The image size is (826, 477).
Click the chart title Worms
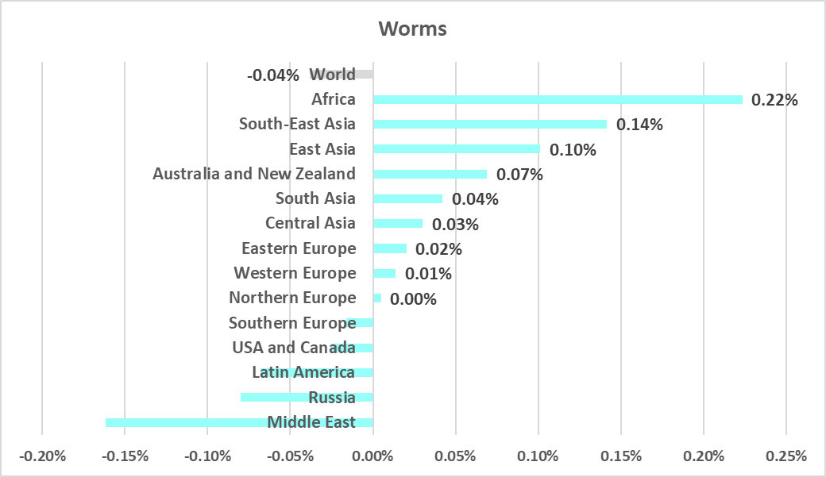click(412, 29)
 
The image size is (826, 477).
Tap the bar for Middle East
click(238, 422)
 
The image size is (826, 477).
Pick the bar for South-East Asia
click(489, 125)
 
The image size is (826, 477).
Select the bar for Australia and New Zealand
click(430, 174)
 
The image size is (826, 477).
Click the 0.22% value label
click(774, 100)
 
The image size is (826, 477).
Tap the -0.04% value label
click(273, 76)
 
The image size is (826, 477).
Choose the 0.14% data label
click(639, 125)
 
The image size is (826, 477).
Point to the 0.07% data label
click(519, 174)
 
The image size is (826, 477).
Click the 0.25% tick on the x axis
click(785, 456)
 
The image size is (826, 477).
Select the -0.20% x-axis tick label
click(41, 456)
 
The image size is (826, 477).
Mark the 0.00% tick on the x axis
click(372, 456)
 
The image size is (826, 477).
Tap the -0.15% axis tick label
click(124, 456)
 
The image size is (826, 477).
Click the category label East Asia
click(322, 149)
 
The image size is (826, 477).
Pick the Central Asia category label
click(310, 223)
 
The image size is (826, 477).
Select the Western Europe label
click(295, 273)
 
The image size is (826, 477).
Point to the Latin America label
click(303, 372)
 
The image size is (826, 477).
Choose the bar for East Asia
click(456, 149)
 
